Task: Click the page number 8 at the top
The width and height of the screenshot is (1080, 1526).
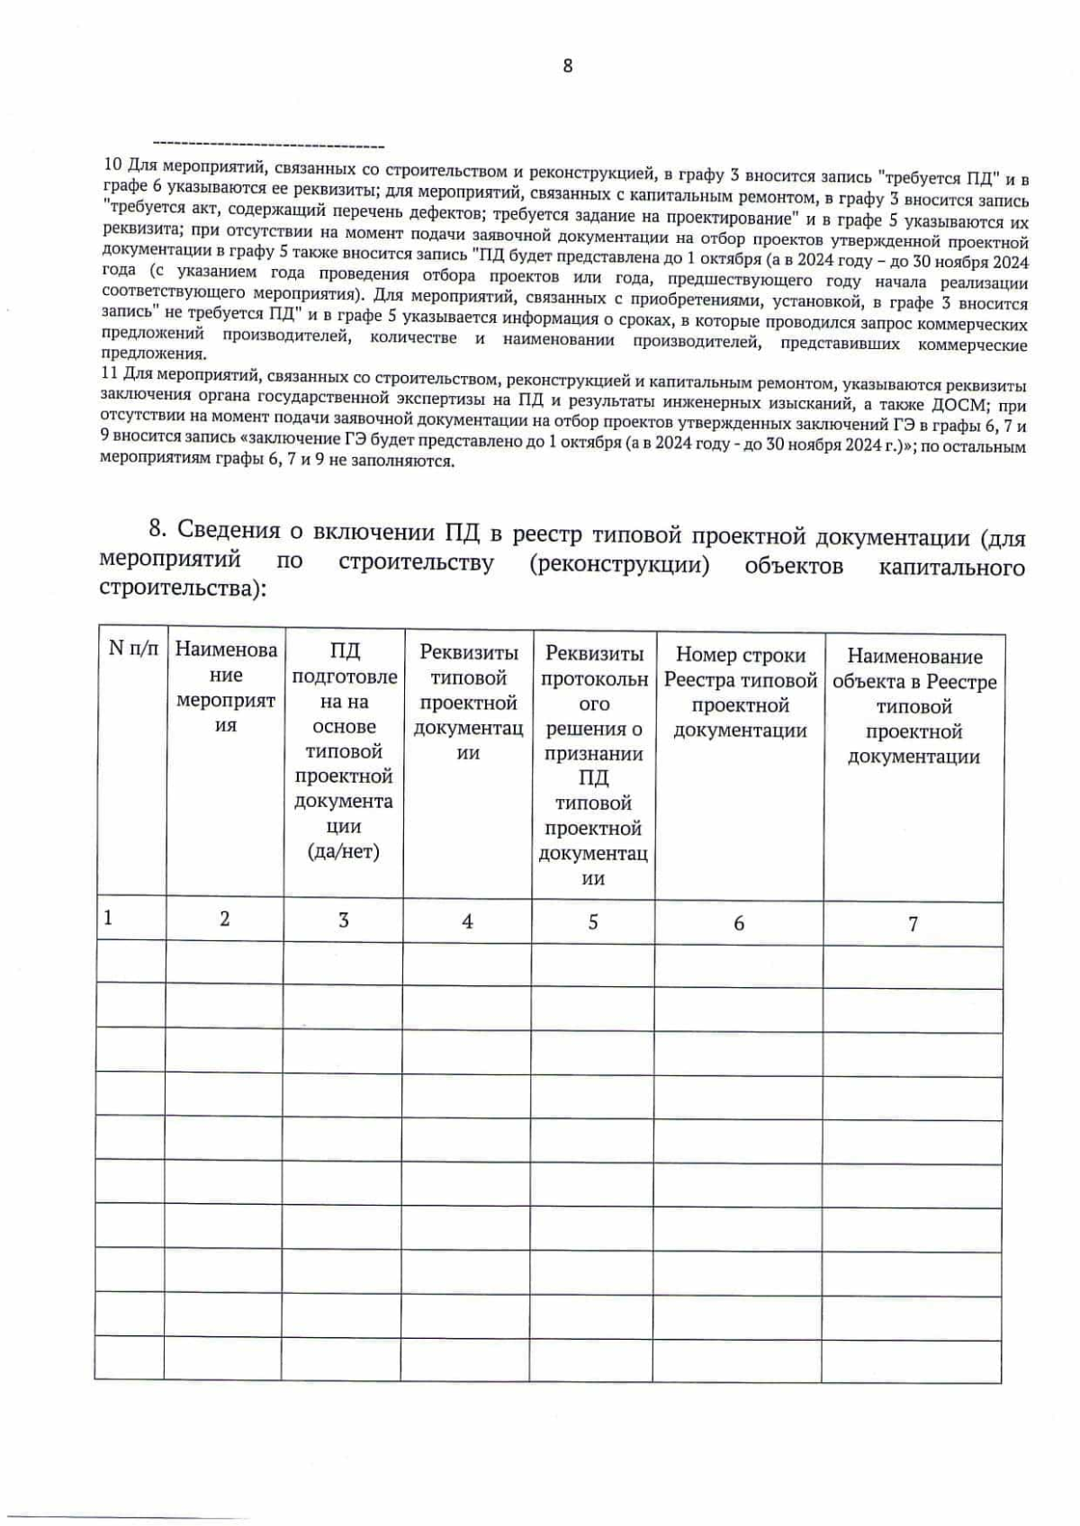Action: click(567, 66)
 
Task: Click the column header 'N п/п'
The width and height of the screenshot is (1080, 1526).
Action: click(133, 648)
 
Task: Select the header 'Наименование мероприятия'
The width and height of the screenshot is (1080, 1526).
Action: click(225, 687)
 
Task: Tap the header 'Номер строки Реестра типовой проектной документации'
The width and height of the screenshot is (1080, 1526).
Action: click(740, 692)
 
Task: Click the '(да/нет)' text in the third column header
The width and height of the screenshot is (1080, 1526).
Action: click(344, 850)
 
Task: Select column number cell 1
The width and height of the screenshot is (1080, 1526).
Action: click(108, 918)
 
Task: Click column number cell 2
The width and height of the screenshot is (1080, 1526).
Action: click(225, 919)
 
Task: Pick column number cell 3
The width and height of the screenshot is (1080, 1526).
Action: click(344, 920)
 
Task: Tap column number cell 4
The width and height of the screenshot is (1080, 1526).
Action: click(467, 921)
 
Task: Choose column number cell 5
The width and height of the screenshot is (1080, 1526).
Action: click(593, 922)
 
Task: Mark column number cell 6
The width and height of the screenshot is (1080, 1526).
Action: click(739, 923)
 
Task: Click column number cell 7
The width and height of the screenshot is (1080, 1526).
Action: click(913, 924)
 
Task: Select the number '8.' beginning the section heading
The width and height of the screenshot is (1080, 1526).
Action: click(157, 527)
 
